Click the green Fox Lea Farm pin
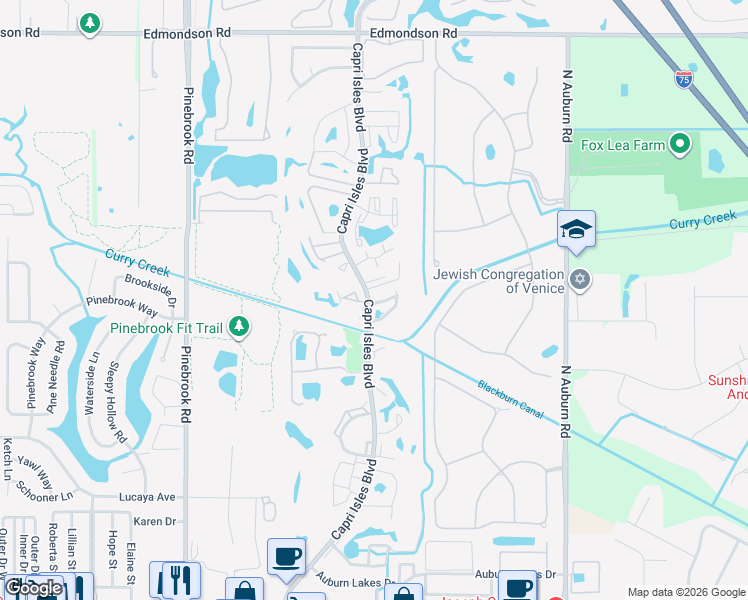point(681,144)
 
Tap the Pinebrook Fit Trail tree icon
point(238,326)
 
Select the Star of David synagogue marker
point(579,279)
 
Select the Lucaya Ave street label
point(147,497)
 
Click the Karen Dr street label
point(155,521)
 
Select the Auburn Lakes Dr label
point(356,580)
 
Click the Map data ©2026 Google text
point(686,592)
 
